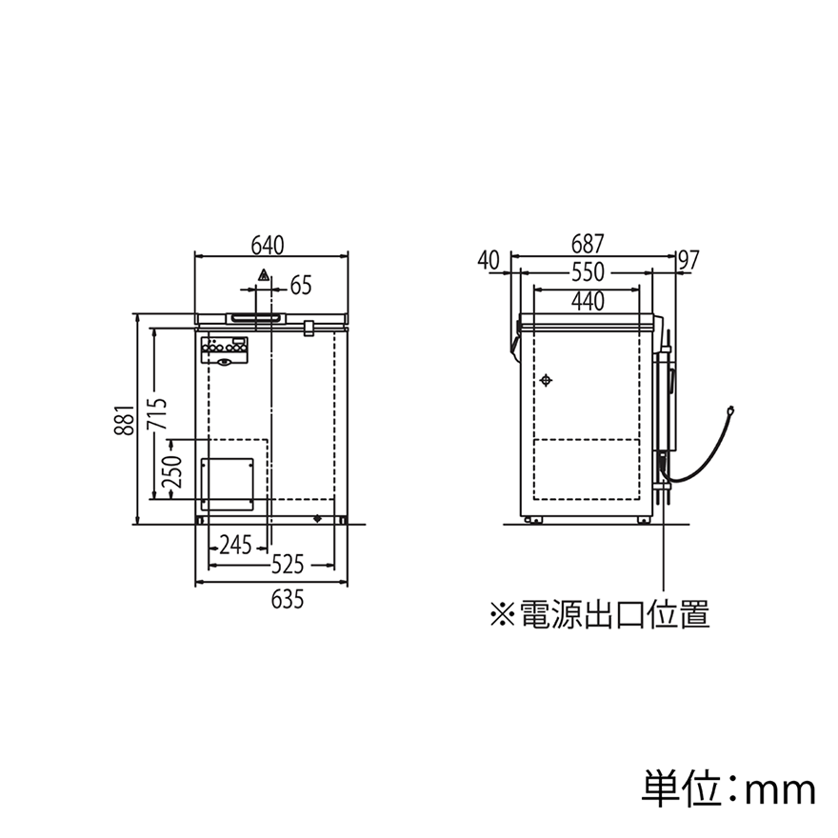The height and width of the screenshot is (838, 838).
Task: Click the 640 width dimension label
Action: point(268,246)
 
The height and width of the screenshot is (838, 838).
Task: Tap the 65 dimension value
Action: point(300,286)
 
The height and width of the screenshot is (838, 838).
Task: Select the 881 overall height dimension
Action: point(124,420)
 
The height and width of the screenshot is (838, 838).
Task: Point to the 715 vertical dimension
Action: point(158,413)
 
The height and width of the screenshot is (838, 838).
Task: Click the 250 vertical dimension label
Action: point(172,471)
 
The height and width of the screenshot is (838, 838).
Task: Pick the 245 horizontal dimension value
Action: point(236,546)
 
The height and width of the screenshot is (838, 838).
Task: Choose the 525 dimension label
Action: point(288,565)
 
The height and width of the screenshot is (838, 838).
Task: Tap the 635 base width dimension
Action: point(288,599)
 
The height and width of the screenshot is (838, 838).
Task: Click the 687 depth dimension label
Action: point(588,244)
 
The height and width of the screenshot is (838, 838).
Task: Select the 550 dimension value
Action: point(588,272)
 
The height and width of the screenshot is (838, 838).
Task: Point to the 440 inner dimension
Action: point(588,302)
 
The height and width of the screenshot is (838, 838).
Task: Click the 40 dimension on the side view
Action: point(489,261)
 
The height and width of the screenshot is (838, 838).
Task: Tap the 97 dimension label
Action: point(688,260)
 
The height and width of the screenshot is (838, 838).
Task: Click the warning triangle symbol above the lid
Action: point(264,276)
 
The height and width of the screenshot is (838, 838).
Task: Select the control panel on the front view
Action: point(225,351)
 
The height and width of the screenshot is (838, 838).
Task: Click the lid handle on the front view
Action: point(256,318)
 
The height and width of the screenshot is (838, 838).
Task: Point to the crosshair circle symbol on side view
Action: point(546,381)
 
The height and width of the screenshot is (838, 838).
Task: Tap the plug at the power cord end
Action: point(730,411)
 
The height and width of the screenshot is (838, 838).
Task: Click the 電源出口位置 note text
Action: point(614,613)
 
